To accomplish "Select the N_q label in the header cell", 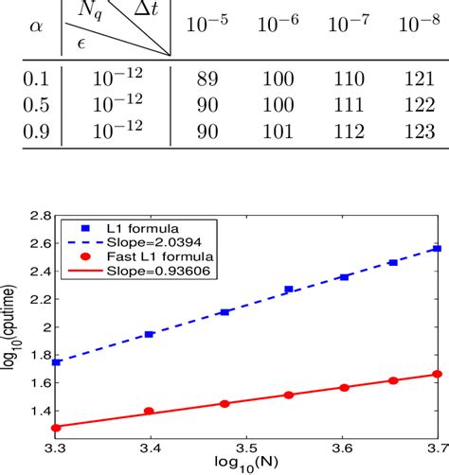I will pyautogui.click(x=91, y=11).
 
